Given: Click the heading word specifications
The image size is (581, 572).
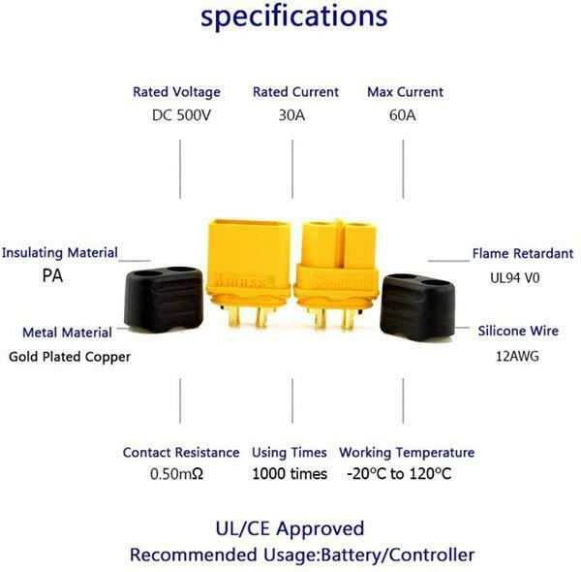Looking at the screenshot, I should [x=294, y=16].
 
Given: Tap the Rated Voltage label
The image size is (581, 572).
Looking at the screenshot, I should [x=176, y=92].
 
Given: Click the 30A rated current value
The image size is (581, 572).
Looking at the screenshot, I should [x=292, y=114].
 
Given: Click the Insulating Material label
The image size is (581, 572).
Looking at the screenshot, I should [x=60, y=253].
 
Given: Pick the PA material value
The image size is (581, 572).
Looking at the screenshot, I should [x=52, y=275].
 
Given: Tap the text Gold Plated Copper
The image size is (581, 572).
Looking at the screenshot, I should [x=70, y=356].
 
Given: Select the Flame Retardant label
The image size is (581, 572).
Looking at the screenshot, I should [x=522, y=254].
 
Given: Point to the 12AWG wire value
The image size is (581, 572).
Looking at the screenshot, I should [x=515, y=356].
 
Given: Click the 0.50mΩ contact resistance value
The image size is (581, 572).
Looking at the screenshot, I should [x=178, y=474].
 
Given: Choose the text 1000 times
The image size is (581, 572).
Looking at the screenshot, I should [x=290, y=474].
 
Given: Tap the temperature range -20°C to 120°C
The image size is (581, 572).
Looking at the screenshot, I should [x=399, y=474].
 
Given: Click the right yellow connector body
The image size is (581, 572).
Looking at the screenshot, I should [x=335, y=262].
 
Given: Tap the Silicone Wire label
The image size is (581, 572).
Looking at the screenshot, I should [x=518, y=332].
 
